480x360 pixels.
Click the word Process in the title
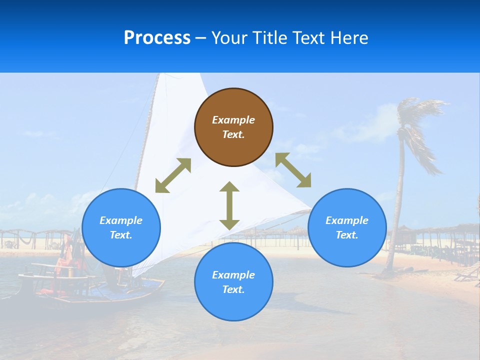pyautogui.click(x=157, y=38)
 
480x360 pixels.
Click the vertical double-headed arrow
pyautogui.click(x=229, y=205)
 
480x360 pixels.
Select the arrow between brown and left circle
pyautogui.click(x=173, y=175)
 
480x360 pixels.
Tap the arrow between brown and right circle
pyautogui.click(x=293, y=170)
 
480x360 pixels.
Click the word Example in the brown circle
pyautogui.click(x=233, y=120)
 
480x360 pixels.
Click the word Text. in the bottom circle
pyautogui.click(x=233, y=289)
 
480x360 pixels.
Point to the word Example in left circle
pyautogui.click(x=121, y=220)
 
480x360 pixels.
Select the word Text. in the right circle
pyautogui.click(x=347, y=235)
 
